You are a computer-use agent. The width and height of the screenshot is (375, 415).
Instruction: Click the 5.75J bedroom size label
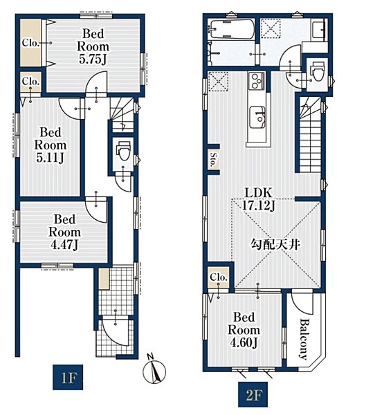click(x=93, y=59)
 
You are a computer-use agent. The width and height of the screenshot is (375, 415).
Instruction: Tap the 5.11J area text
click(x=51, y=158)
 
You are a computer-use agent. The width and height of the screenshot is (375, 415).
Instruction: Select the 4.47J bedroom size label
click(x=64, y=245)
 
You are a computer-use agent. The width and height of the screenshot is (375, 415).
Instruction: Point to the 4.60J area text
click(x=244, y=343)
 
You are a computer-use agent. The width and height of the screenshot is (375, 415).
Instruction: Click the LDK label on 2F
click(x=258, y=193)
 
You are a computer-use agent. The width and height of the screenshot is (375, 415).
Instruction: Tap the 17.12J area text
click(x=258, y=205)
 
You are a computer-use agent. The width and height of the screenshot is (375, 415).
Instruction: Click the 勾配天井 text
click(x=275, y=245)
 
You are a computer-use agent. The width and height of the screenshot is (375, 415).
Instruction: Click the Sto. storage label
click(x=213, y=160)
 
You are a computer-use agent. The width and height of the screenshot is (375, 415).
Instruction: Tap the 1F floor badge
click(x=68, y=377)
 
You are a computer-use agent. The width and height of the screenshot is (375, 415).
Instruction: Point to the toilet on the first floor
click(x=123, y=150)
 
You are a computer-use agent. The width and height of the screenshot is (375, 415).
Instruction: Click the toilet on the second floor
click(x=318, y=71)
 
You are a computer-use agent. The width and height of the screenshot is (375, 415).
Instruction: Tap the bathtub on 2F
click(x=232, y=29)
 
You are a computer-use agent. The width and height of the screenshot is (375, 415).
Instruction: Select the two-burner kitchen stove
click(x=257, y=81)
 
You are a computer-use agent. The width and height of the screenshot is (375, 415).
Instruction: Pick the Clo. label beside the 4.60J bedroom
click(x=219, y=277)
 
